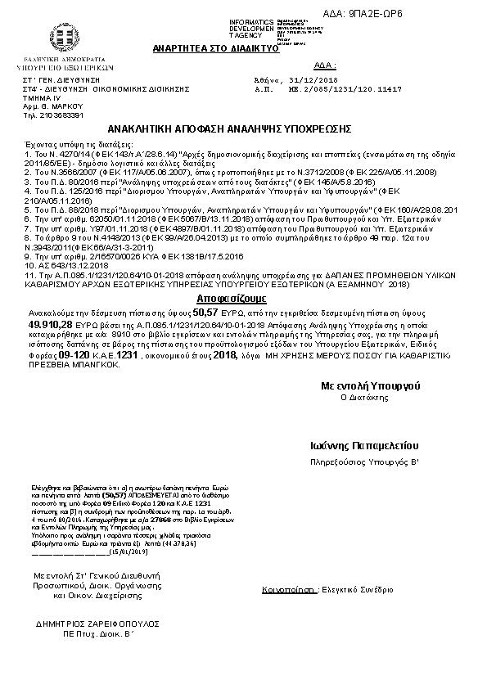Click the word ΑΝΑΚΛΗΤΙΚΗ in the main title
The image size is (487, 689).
141,129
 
